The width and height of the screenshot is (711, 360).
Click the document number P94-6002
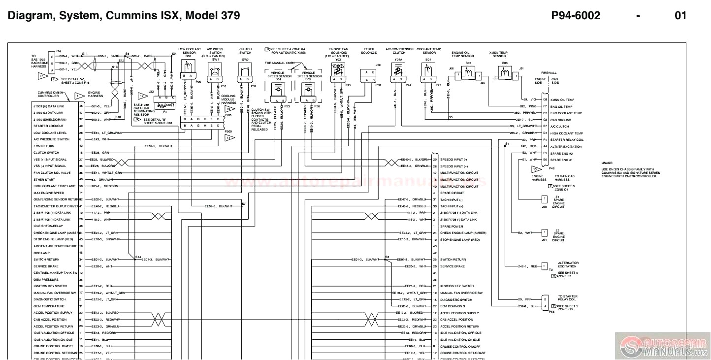click(576, 16)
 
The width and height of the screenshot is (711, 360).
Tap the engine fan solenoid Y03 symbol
click(338, 71)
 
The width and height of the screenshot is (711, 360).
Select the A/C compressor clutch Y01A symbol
click(397, 72)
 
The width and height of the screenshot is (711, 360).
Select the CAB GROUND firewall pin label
click(560, 120)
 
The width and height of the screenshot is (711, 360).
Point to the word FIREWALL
click(549, 72)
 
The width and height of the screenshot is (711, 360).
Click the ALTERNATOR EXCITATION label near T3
click(568, 265)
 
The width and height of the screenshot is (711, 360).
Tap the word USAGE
click(607, 163)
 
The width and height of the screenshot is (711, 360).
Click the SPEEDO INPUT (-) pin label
click(454, 160)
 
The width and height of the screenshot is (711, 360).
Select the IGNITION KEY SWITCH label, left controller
click(50, 286)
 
